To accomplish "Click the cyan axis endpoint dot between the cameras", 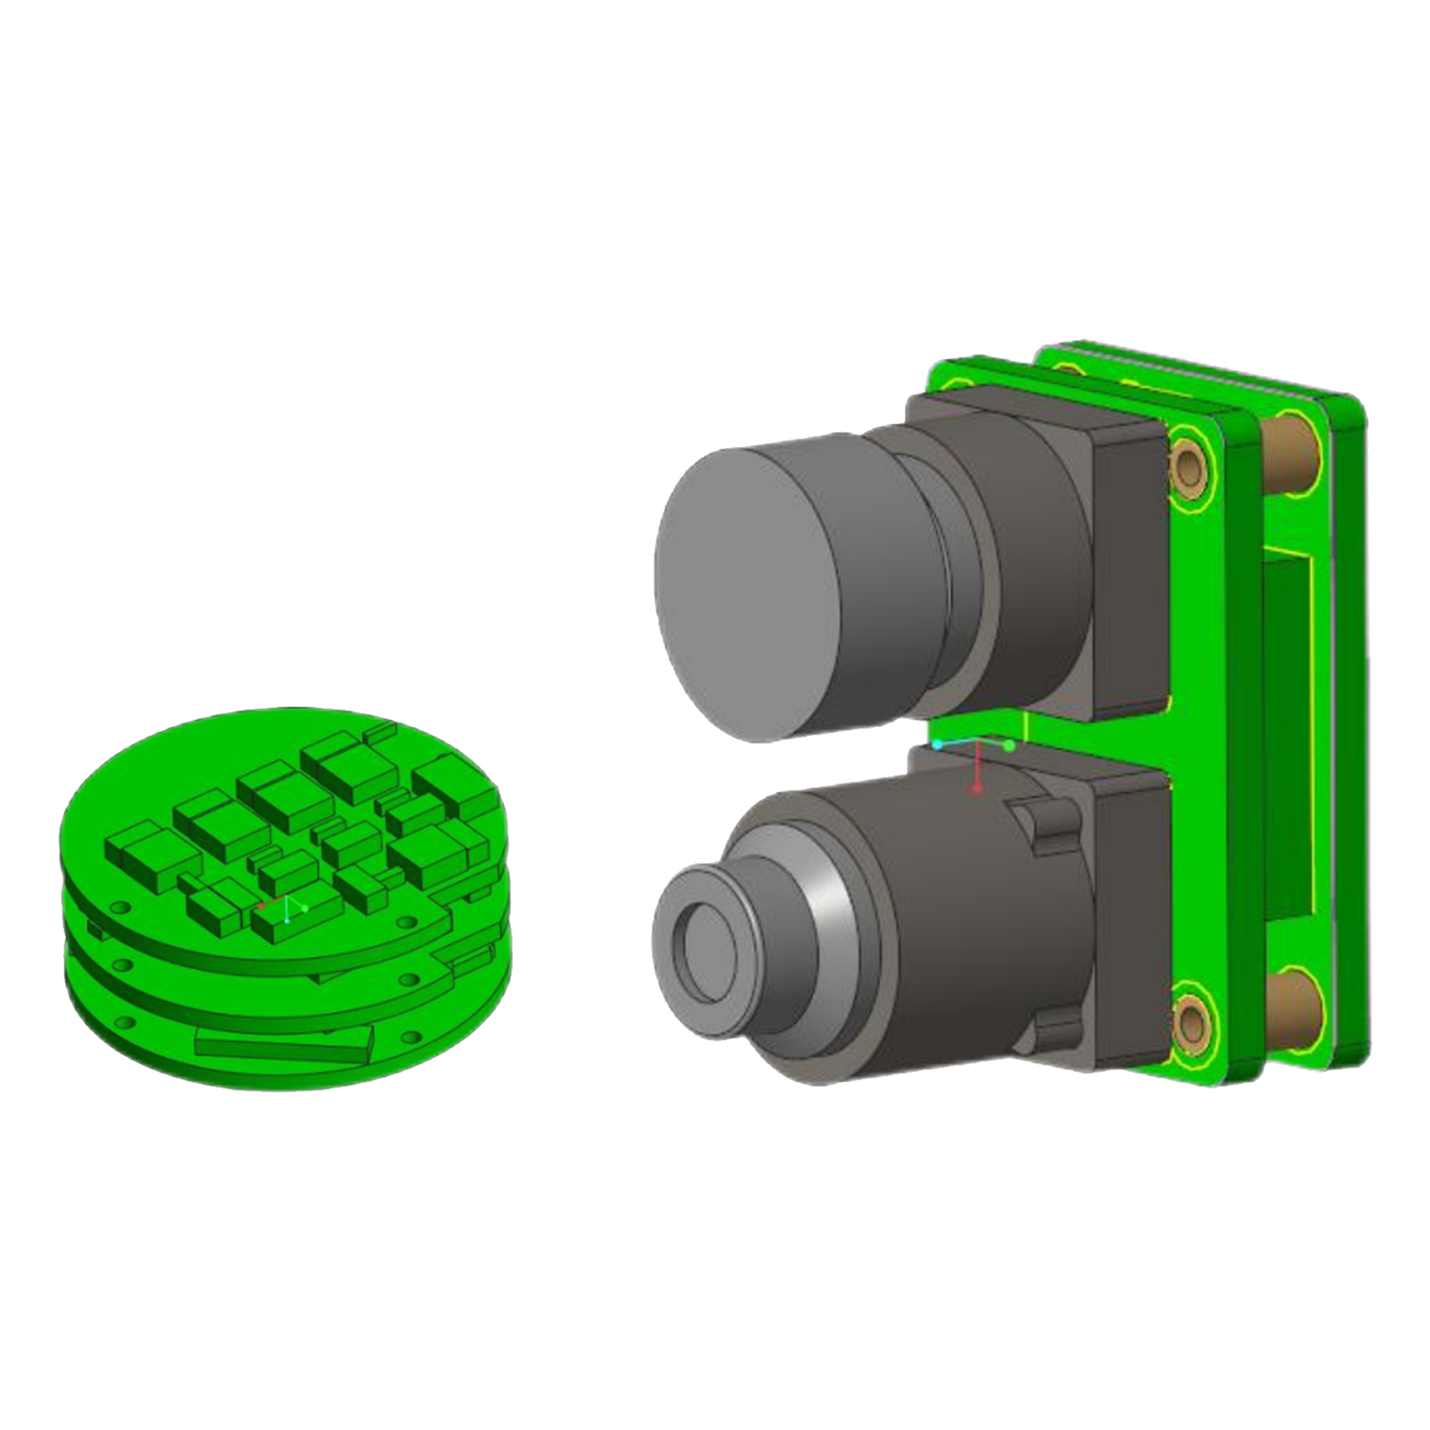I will coord(938,744).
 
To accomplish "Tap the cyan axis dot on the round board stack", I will coord(287,921).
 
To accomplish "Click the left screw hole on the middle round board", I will coord(122,965).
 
